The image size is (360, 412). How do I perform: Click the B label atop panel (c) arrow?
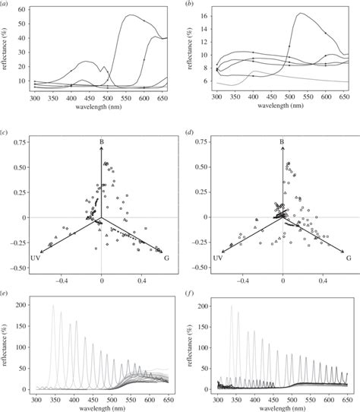[x=101, y=141]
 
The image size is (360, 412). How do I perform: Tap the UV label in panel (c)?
[x=34, y=259]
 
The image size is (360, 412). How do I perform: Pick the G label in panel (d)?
[x=349, y=258]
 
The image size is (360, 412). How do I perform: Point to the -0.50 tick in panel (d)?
[x=200, y=268]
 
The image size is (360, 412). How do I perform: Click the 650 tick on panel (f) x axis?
[x=345, y=401]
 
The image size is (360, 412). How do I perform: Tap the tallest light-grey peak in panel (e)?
[x=53, y=306]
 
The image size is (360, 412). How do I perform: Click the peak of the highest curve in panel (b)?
[x=300, y=13]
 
